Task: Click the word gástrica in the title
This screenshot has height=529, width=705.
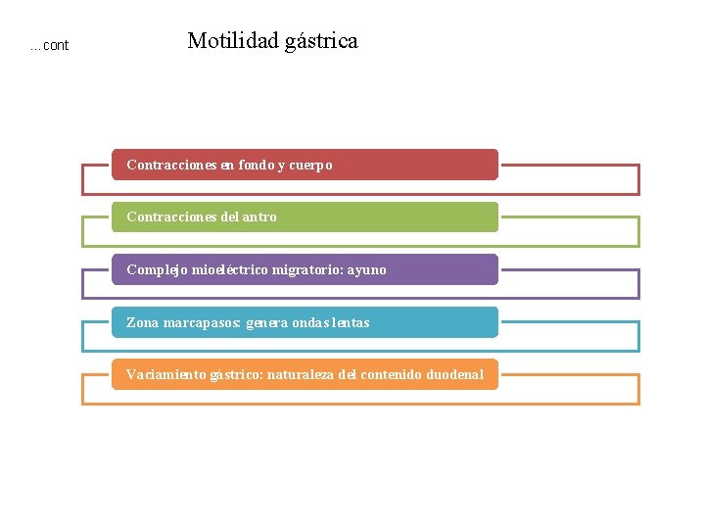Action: coord(322,42)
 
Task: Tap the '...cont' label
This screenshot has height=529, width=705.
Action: coord(49,45)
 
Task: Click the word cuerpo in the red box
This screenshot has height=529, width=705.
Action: coord(310,166)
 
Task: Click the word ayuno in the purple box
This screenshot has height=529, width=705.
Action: coord(367,269)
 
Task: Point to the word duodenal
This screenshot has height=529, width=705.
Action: coord(455,374)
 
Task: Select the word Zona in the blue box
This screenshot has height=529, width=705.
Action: coord(143,322)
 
